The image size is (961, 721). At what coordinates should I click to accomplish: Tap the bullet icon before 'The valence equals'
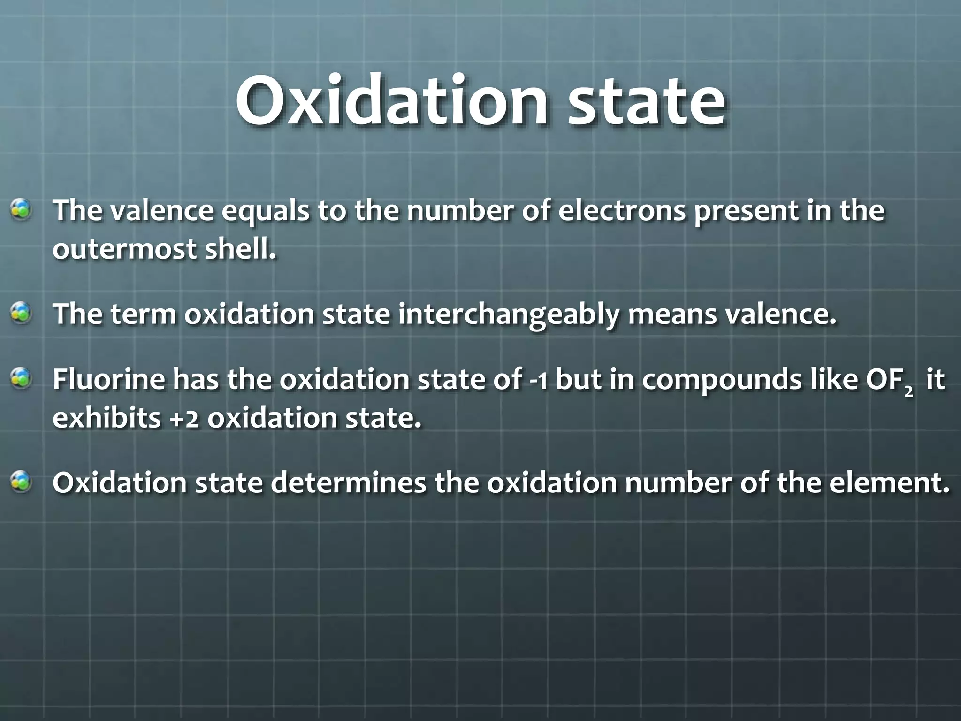[22, 210]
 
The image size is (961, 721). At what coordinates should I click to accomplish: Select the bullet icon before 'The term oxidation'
[22, 313]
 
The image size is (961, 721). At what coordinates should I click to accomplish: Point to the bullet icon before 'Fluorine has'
[22, 379]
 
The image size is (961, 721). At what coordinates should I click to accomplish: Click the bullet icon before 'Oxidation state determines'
[22, 482]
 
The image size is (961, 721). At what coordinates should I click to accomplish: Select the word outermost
[124, 249]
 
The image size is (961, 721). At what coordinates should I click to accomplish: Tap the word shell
[240, 249]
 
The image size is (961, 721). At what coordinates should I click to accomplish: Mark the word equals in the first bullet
[265, 211]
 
